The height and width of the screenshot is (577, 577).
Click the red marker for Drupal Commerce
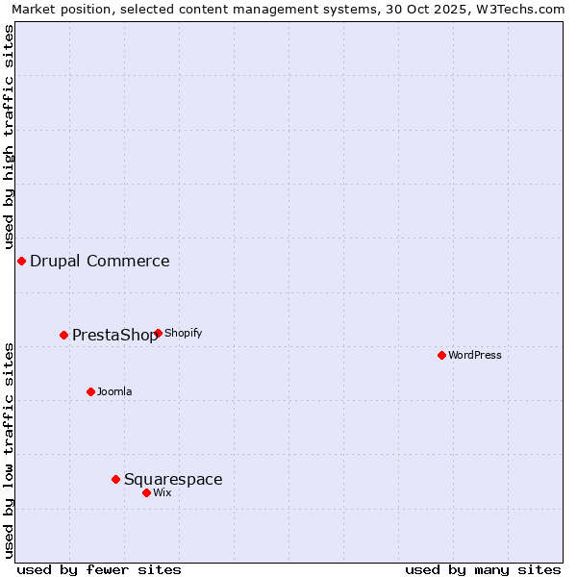point(21,261)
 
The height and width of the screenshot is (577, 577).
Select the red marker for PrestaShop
point(64,335)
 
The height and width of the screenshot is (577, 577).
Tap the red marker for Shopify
point(158,333)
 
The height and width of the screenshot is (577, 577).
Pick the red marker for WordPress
point(441,355)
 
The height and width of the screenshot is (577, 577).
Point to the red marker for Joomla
point(90,391)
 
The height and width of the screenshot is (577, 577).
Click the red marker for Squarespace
point(115,479)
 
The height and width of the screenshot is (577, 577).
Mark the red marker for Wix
point(146,492)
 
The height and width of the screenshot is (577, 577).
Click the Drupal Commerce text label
point(100,261)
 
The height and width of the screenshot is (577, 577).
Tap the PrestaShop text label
point(114,335)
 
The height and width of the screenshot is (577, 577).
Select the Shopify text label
point(183,333)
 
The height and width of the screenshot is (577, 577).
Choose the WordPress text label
point(475,355)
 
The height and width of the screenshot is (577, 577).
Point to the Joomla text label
point(114,391)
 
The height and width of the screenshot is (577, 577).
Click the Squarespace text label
point(173,479)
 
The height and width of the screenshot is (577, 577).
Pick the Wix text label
point(163,492)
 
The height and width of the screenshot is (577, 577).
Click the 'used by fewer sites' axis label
point(99,569)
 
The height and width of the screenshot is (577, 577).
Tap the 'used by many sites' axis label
point(483,569)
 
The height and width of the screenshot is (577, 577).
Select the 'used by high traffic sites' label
point(9,137)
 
